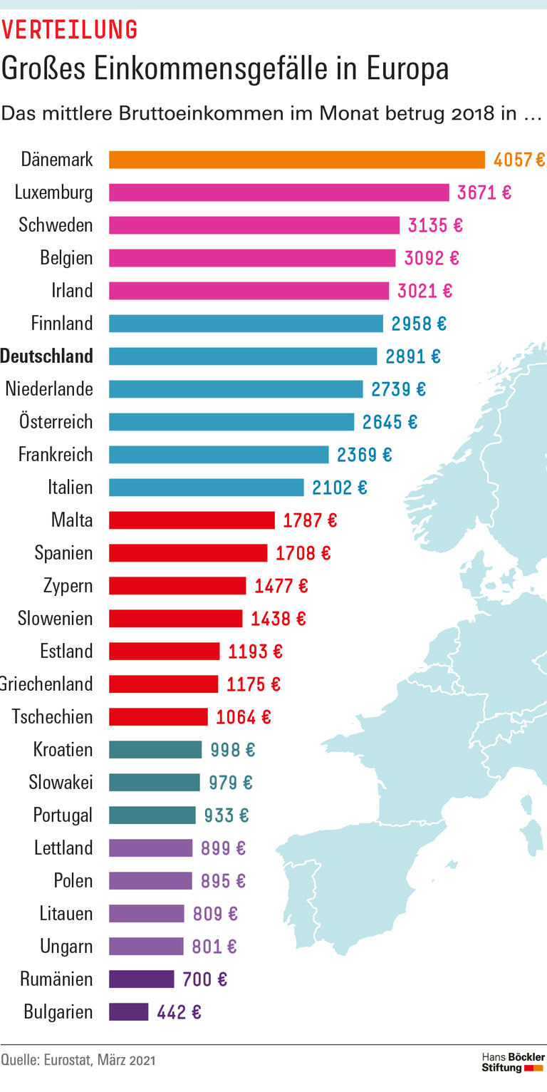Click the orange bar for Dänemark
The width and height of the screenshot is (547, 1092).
point(296,160)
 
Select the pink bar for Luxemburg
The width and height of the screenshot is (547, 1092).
point(278,192)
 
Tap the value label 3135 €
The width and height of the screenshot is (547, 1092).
point(434,225)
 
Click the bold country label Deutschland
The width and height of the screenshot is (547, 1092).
point(47,356)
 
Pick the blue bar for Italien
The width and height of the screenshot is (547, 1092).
point(206,488)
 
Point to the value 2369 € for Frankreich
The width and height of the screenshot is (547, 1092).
point(364,455)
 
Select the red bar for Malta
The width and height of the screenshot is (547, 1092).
point(192,520)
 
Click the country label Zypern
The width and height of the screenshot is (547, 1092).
point(68,586)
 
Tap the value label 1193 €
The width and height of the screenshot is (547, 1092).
point(255,651)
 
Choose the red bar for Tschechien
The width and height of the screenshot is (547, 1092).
point(158,717)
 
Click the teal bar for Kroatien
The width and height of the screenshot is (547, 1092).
point(155,750)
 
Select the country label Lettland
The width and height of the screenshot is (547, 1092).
point(63,848)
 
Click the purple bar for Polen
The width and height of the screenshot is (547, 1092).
point(150,881)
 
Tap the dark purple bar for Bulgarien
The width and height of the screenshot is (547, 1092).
point(128,1012)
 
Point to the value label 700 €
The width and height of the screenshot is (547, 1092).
point(204,979)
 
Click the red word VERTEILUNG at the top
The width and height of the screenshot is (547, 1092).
point(69,29)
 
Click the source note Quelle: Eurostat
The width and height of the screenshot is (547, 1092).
point(78,1060)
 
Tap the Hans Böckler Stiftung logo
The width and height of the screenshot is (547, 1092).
point(512,1061)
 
